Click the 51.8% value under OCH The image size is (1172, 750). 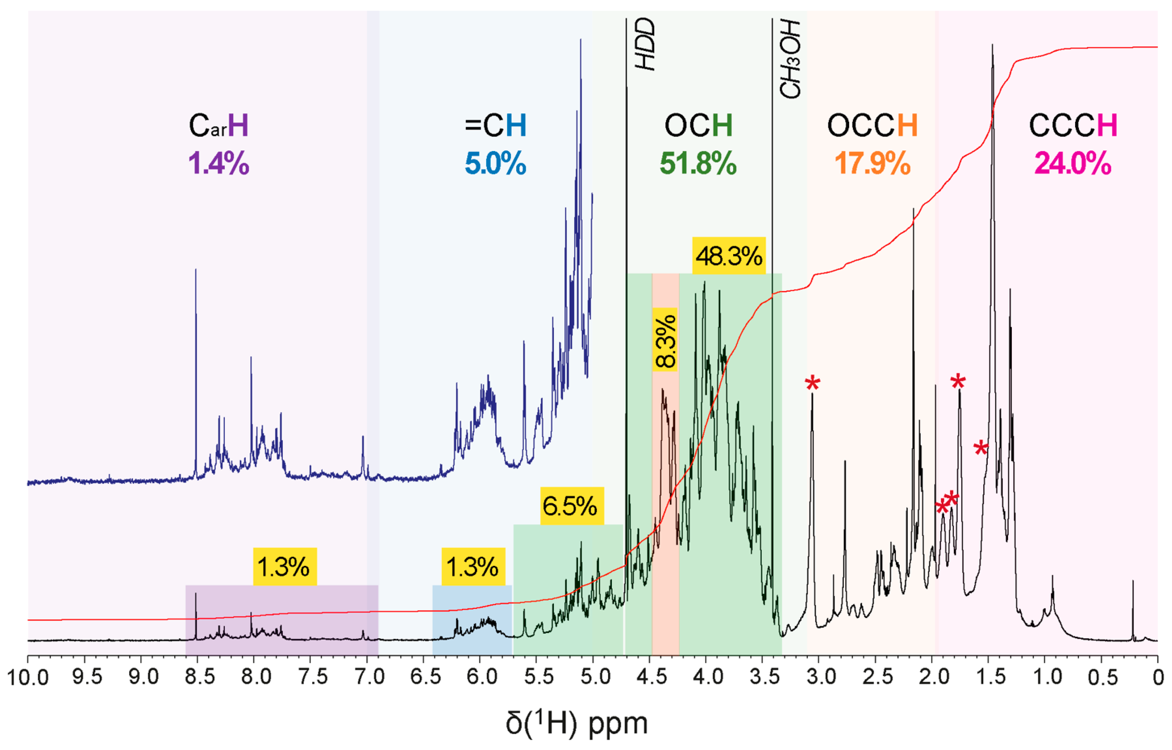[x=698, y=163]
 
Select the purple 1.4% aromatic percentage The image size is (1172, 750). [x=219, y=163]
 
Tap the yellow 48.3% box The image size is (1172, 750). [x=729, y=256]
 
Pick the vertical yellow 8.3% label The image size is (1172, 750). [x=665, y=340]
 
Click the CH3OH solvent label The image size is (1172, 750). [x=789, y=60]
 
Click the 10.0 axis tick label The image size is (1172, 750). [x=28, y=678]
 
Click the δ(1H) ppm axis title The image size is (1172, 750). [x=577, y=724]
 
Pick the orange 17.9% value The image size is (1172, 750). [x=872, y=163]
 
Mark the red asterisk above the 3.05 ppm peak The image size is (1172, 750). [x=812, y=384]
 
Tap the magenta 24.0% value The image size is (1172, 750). [x=1073, y=163]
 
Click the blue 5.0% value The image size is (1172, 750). [x=496, y=163]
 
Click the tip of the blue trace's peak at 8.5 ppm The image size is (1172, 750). [x=196, y=270]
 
